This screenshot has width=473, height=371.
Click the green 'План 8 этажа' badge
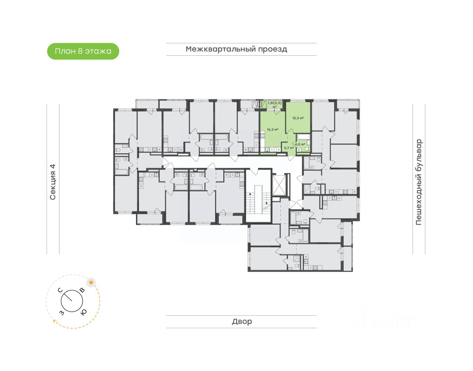[83, 51]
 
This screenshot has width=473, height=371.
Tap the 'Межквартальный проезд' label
[236, 49]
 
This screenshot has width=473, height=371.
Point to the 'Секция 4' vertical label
[52, 182]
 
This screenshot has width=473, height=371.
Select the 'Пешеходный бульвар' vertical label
[418, 182]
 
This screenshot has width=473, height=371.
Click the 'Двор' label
[242, 321]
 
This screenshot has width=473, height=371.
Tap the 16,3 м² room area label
[272, 130]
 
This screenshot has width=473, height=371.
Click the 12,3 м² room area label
[298, 118]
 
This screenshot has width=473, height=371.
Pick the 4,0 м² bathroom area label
[300, 144]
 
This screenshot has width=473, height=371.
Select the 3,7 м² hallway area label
[289, 148]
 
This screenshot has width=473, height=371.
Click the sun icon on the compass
[91, 283]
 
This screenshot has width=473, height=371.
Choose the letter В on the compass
[82, 290]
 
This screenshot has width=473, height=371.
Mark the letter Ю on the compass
[84, 312]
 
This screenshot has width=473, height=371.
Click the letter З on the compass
[61, 313]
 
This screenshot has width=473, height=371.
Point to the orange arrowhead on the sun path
[55, 321]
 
